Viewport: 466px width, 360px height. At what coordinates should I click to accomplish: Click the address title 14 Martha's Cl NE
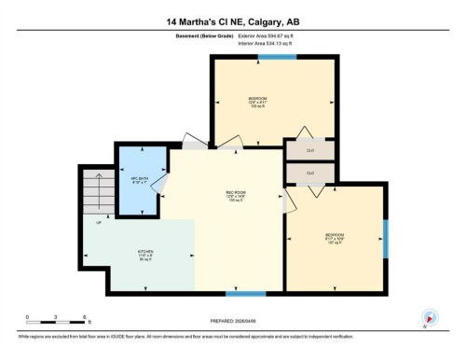pos(232,21)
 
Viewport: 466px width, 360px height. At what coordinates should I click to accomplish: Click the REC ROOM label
pos(234,195)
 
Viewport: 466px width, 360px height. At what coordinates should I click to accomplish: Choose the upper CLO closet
pos(310,150)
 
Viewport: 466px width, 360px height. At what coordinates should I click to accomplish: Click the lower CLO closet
pos(310,173)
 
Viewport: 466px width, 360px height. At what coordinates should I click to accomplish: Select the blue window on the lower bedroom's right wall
pos(385,239)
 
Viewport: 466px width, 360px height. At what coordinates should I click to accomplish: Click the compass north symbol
pos(431,317)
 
